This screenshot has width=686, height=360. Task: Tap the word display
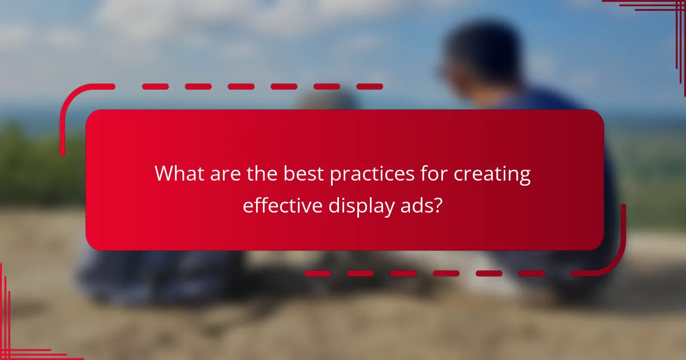pyautogui.click(x=358, y=206)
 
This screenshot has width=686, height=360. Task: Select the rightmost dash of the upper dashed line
pyautogui.click(x=369, y=87)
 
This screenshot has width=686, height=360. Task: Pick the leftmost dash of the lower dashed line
pyautogui.click(x=317, y=273)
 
